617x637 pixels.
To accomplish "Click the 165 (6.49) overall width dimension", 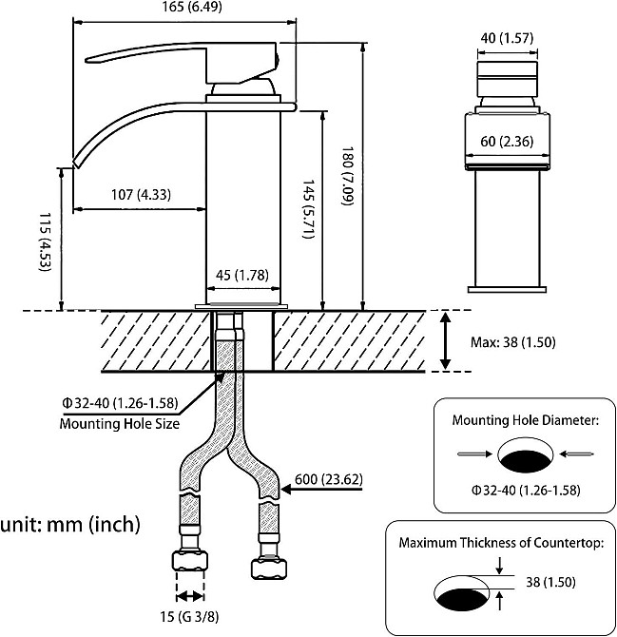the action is tap(192, 7).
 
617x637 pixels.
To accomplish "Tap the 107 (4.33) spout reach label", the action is tap(141, 195).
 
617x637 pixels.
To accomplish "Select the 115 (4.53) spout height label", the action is tap(45, 241).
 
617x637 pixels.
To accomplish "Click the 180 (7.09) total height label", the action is tap(348, 176).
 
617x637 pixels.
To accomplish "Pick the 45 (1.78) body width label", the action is tap(242, 275).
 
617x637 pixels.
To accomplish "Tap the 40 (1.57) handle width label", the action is tap(507, 38).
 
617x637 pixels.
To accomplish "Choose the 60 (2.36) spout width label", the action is tap(507, 141).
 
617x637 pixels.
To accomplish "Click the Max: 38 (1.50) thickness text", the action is tap(512, 342).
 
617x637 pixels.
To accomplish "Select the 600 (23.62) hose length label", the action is tap(329, 479).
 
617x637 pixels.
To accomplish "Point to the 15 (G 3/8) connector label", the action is tap(189, 617).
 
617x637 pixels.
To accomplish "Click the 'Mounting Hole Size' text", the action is tap(120, 423).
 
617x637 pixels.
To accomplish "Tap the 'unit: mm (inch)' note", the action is tap(70, 524).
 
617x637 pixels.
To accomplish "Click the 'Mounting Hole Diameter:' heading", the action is tap(526, 419).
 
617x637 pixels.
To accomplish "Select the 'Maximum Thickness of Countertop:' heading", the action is tap(501, 542).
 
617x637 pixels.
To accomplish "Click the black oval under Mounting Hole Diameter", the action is tap(527, 461).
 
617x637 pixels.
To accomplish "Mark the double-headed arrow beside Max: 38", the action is tap(446, 341).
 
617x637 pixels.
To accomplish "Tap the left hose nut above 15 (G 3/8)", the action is tap(190, 561).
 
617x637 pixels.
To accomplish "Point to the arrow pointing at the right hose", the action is tap(321, 490).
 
